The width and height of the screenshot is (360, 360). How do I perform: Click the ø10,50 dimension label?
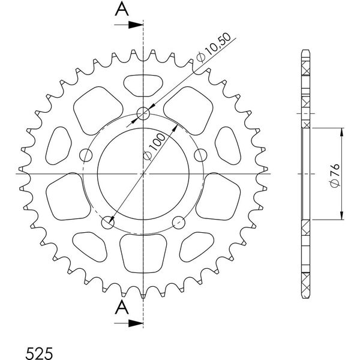[x=214, y=47]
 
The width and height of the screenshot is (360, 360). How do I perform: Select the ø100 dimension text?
[x=154, y=147]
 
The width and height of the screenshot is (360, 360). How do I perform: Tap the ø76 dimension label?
[x=335, y=175]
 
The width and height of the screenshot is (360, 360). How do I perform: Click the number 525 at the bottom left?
[x=39, y=353]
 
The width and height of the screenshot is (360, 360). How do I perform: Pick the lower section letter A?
[x=122, y=308]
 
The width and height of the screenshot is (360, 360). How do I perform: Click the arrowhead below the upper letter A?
[x=136, y=25]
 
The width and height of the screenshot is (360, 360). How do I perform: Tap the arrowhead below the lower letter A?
[x=136, y=323]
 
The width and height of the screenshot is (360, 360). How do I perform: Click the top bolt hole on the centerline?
[x=143, y=113]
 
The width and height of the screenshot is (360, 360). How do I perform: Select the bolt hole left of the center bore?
[x=86, y=155]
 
